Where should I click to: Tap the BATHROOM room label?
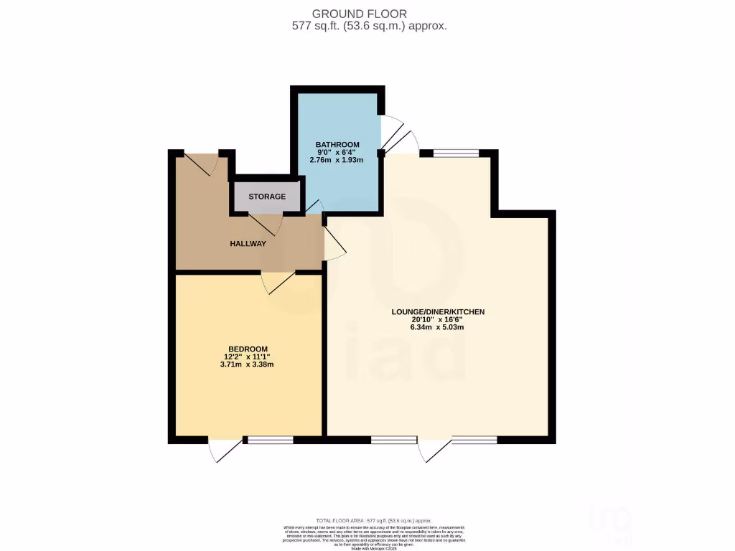[337, 145]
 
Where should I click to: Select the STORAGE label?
[267, 197]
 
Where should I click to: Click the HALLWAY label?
[248, 244]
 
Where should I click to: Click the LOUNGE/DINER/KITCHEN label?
[438, 312]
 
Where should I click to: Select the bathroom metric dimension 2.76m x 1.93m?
[337, 160]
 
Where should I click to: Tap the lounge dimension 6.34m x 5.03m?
[438, 328]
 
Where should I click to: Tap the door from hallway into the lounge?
[334, 244]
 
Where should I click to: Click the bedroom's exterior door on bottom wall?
[225, 450]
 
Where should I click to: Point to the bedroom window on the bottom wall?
[269, 440]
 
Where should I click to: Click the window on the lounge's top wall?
[456, 153]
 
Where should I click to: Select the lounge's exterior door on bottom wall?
[435, 450]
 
